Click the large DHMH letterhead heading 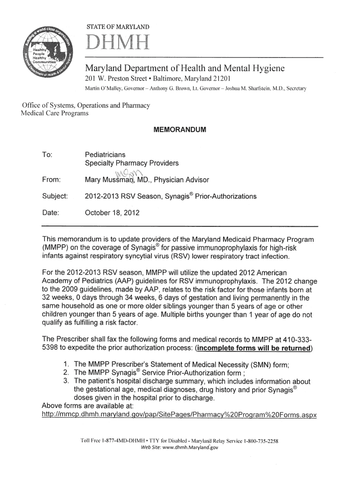pos(116,45)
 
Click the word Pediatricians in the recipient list pos(105,154)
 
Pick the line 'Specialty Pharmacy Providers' pos(132,163)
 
